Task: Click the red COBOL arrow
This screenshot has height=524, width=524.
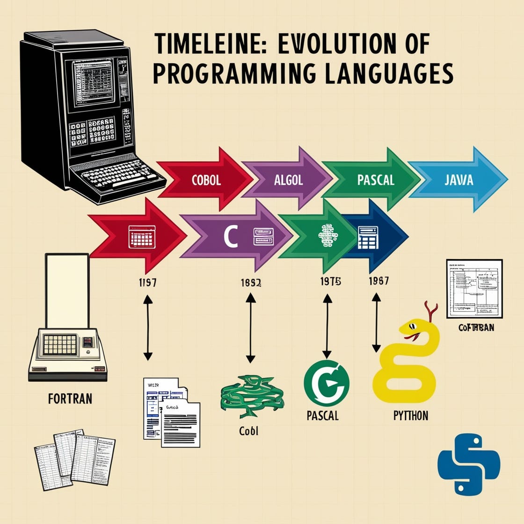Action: click(206, 181)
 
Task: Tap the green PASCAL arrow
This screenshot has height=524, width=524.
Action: click(375, 180)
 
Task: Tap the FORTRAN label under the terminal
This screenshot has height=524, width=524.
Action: click(70, 399)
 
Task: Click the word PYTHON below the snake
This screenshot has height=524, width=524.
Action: click(410, 415)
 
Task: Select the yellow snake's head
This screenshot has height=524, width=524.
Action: click(412, 328)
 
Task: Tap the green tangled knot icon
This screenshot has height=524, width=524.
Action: click(252, 396)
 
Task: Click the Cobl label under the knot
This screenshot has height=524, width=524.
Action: click(248, 431)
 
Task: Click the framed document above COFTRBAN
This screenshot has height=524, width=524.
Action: click(474, 288)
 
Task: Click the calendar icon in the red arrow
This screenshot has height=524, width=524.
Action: click(142, 238)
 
